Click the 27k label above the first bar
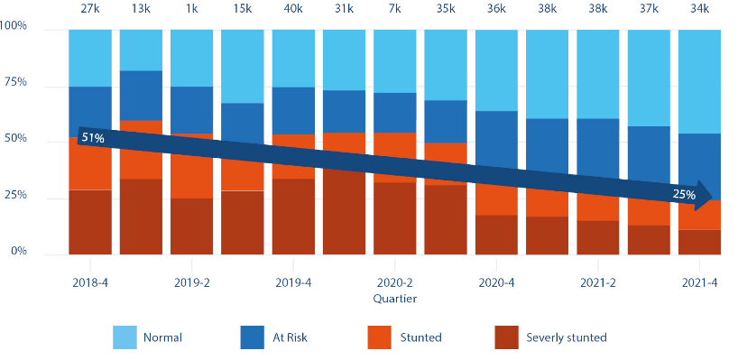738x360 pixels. pyautogui.click(x=89, y=9)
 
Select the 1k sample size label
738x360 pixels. pyautogui.click(x=191, y=9)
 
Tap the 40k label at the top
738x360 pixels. pyautogui.click(x=292, y=9)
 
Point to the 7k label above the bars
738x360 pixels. pyautogui.click(x=394, y=9)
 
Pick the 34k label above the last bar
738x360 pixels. pyautogui.click(x=699, y=9)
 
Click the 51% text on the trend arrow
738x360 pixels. pyautogui.click(x=93, y=138)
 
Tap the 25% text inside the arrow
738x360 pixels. pyautogui.click(x=684, y=195)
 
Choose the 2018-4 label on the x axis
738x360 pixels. pyautogui.click(x=90, y=282)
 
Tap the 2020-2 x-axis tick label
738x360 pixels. pyautogui.click(x=394, y=282)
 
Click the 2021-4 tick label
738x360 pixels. pyautogui.click(x=699, y=282)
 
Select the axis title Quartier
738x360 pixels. pyautogui.click(x=393, y=297)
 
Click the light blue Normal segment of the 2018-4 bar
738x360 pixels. pyautogui.click(x=89, y=57)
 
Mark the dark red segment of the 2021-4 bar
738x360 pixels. pyautogui.click(x=699, y=242)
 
